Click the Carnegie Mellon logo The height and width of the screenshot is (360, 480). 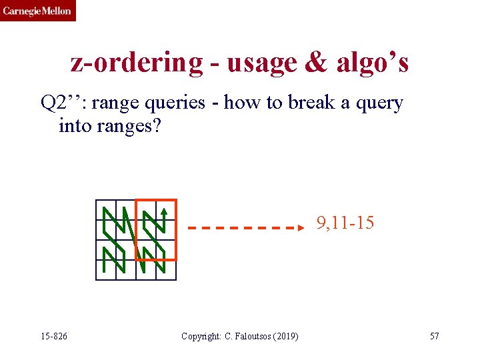coord(37,11)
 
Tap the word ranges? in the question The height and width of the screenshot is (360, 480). coord(126,125)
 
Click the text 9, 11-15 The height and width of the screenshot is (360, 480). coord(345,223)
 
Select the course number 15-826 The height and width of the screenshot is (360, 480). coord(53,336)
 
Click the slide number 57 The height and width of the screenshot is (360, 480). coord(434,336)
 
